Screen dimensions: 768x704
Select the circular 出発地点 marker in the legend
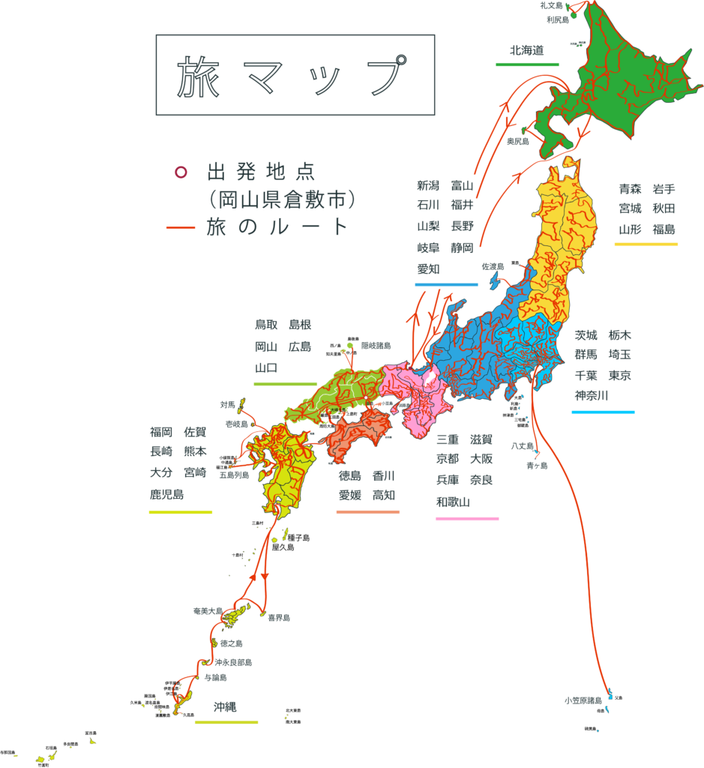click(x=181, y=172)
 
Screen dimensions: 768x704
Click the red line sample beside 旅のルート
click(x=181, y=227)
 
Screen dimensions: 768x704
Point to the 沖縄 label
click(x=224, y=707)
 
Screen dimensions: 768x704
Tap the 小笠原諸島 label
click(x=583, y=700)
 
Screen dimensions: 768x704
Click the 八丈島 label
click(x=521, y=446)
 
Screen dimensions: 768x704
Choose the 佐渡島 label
click(x=493, y=267)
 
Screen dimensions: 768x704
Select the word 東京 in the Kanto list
click(x=619, y=375)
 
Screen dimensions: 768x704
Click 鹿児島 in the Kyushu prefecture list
click(x=166, y=495)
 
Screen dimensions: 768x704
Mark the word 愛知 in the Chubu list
click(x=428, y=268)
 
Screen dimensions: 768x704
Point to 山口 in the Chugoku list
click(x=266, y=368)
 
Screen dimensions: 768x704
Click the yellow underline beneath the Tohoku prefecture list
click(x=646, y=244)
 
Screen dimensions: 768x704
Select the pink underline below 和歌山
click(x=467, y=519)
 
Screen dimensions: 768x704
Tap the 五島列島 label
click(x=234, y=475)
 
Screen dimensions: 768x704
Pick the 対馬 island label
click(x=228, y=405)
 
